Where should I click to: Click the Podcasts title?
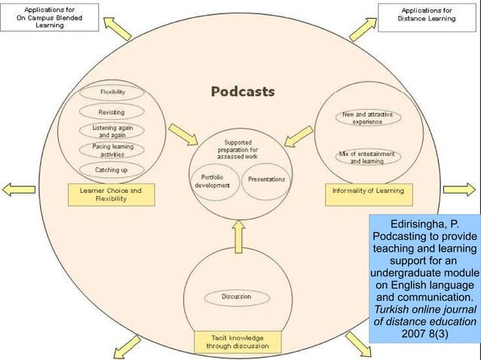pyautogui.click(x=242, y=92)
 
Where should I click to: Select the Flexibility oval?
pyautogui.click(x=112, y=93)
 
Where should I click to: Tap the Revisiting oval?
pyautogui.click(x=112, y=111)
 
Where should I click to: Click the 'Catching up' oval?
pyautogui.click(x=112, y=169)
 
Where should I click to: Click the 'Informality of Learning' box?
pyautogui.click(x=368, y=191)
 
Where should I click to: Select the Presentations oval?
pyautogui.click(x=266, y=179)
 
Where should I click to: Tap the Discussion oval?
pyautogui.click(x=236, y=296)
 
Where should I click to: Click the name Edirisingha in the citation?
pyautogui.click(x=418, y=224)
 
